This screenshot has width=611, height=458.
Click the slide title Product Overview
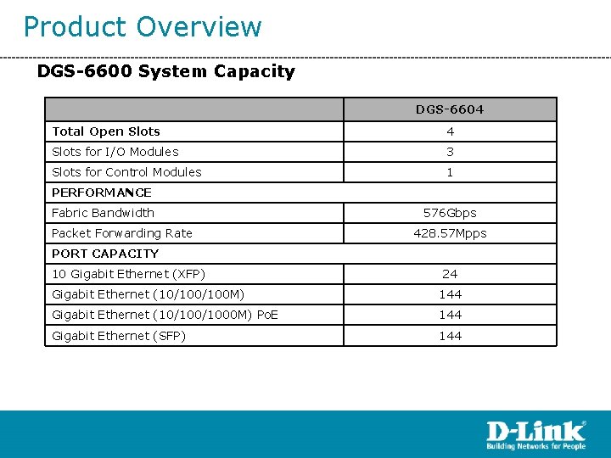tap(143, 27)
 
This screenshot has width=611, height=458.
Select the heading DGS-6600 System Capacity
tap(165, 71)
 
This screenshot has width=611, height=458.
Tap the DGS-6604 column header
tap(450, 109)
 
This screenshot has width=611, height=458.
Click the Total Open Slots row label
tap(106, 131)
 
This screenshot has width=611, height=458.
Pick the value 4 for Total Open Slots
tap(450, 131)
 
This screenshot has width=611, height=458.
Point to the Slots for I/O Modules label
tap(115, 152)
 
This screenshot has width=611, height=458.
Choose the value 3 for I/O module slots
tap(450, 152)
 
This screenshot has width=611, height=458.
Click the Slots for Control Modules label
tap(126, 172)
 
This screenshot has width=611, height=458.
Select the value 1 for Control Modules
tap(450, 172)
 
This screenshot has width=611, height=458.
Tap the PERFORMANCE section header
tap(102, 193)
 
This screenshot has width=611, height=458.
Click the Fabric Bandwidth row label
tap(103, 213)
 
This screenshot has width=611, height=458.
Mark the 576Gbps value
tap(450, 213)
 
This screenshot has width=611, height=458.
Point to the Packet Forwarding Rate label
tap(122, 233)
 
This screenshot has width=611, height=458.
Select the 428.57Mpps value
tap(450, 233)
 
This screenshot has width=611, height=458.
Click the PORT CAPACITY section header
tap(105, 254)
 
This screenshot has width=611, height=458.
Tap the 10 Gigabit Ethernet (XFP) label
tap(128, 274)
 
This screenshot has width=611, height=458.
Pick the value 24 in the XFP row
tap(450, 274)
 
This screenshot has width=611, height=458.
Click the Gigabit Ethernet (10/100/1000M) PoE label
tap(165, 315)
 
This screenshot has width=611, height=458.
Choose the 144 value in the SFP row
tap(450, 336)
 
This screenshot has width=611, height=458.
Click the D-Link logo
tap(535, 434)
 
